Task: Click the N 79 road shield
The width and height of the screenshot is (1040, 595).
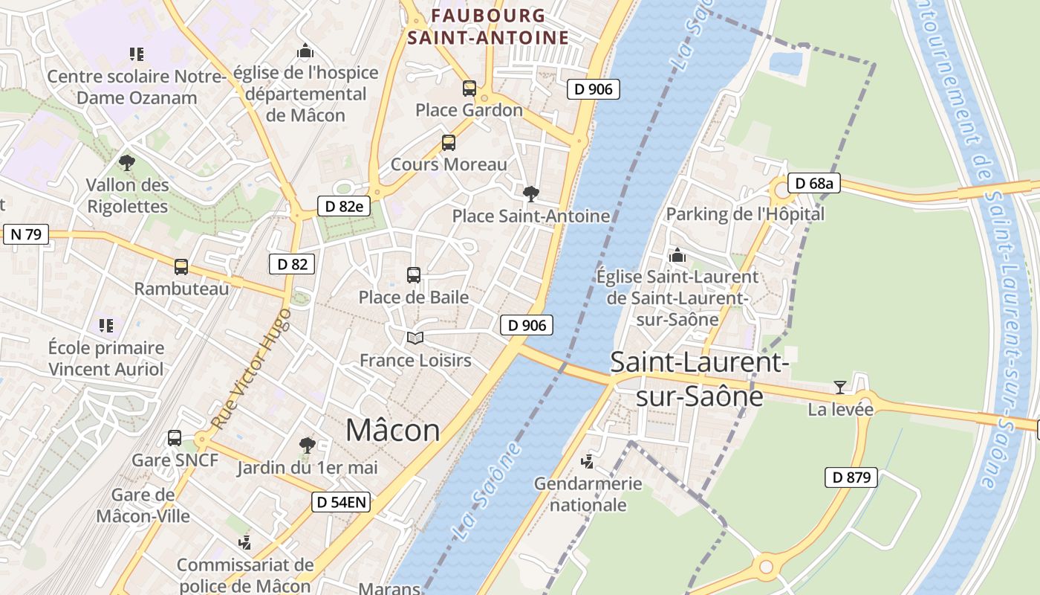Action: coord(25,234)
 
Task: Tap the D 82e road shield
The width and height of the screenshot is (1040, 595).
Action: coord(343,206)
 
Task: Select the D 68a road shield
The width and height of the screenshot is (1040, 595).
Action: coord(813,183)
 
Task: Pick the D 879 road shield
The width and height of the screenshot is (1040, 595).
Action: coord(851,477)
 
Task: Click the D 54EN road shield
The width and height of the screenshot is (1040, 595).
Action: coord(340,503)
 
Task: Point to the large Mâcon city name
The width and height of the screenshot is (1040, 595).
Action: coord(393,430)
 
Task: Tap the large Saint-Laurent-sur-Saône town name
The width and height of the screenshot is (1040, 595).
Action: coord(699,379)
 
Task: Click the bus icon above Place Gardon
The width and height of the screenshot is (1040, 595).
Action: coord(469,89)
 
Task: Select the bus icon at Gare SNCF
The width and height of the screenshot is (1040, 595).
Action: coord(175,438)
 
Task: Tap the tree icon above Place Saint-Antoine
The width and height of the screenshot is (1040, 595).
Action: coord(530,195)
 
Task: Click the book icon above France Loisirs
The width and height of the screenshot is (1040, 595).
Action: coord(415,338)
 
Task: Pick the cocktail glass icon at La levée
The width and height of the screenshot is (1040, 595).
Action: coord(840,387)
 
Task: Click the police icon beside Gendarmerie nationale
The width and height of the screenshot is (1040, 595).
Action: coord(588,462)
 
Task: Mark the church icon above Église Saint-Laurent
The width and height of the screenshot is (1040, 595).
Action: coord(677,256)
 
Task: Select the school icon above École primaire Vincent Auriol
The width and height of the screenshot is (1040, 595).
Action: coord(106,326)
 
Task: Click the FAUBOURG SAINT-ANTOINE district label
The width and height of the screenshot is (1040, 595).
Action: coord(489,26)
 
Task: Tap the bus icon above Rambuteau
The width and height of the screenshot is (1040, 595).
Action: coord(181,267)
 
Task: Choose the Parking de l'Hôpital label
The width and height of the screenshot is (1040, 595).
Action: coord(745,214)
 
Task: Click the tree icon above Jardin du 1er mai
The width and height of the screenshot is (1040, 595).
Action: coord(307,446)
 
